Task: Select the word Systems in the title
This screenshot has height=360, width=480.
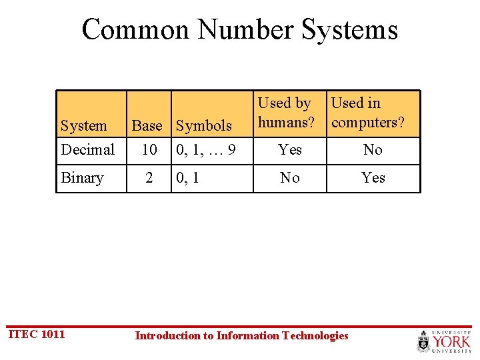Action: point(351,30)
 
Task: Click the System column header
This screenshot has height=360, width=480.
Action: point(83,125)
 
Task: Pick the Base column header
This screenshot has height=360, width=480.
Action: point(147,125)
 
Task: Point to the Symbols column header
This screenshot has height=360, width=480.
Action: point(203,125)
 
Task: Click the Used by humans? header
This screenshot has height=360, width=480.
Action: point(286,113)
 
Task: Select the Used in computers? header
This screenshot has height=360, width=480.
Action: point(367,113)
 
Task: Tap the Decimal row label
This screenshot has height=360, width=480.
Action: point(87,150)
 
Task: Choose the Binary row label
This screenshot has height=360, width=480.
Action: point(82,178)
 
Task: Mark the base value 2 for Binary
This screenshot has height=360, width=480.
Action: point(149,178)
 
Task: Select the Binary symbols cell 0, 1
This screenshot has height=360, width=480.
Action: point(188,179)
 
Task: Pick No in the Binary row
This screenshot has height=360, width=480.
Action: point(290,178)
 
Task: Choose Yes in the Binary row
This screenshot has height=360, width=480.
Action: point(373,178)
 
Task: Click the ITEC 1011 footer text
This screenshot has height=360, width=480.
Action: point(36,334)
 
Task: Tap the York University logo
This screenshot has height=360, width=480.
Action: point(444,341)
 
